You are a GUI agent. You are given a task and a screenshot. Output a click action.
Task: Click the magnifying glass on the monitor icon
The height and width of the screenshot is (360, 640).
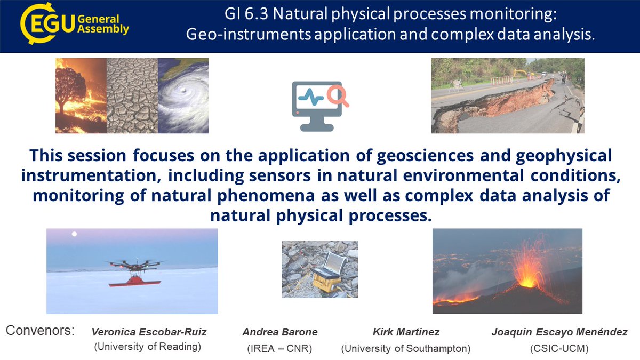[338, 95]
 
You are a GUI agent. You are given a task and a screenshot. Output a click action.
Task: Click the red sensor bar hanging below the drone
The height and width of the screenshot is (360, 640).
[134, 282]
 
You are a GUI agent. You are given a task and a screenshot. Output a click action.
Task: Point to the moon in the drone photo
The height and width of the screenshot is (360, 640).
[75, 234]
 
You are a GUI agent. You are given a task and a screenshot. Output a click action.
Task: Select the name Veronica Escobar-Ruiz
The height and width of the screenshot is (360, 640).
[149, 332]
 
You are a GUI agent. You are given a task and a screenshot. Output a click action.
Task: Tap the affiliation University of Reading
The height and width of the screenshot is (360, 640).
[147, 347]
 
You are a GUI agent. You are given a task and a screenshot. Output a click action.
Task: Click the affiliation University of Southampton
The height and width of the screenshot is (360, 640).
[405, 349]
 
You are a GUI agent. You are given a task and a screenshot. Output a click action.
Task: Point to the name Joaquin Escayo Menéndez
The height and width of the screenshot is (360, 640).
[559, 332]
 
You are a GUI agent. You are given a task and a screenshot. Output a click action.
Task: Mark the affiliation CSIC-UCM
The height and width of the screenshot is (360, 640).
[559, 349]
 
